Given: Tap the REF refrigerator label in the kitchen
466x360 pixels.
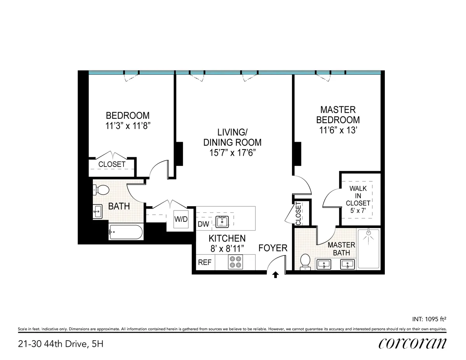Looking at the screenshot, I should [205, 262].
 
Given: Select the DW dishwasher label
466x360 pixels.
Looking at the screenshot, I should [203, 224].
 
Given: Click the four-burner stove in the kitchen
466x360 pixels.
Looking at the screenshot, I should [235, 262].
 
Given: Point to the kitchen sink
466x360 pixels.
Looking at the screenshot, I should [222, 221].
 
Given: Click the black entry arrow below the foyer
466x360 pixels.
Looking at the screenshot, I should [275, 275].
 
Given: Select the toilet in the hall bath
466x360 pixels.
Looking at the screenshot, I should [102, 190].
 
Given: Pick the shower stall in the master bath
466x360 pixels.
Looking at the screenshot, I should [368, 249].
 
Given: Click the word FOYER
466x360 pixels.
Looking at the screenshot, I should [273, 248].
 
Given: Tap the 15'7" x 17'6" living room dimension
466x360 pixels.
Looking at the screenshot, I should [232, 153].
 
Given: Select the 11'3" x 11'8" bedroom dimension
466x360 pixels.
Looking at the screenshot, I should [128, 126].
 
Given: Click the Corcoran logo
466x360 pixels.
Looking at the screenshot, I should [412, 343].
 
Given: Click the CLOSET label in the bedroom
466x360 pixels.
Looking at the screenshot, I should [112, 164].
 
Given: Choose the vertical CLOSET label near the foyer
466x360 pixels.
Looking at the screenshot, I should [298, 213].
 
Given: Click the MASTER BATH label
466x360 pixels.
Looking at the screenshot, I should [341, 249].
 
